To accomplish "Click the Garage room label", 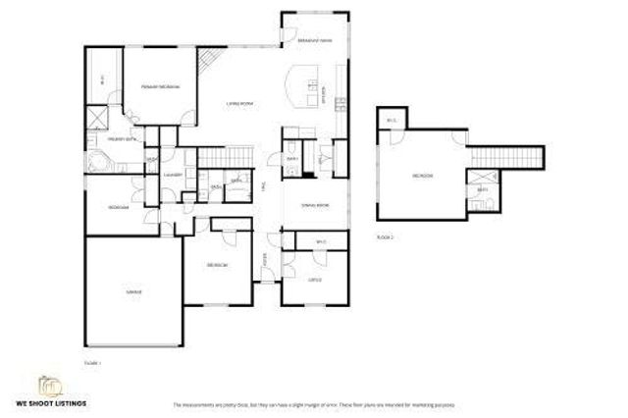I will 131,291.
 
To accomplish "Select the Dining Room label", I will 315,205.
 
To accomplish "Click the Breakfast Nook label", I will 313,40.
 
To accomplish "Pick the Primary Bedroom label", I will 159,87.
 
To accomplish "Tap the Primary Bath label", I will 122,139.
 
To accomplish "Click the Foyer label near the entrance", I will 265,259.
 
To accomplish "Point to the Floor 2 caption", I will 386,237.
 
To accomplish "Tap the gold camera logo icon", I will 48,385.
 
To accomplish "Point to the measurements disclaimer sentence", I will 313,404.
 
